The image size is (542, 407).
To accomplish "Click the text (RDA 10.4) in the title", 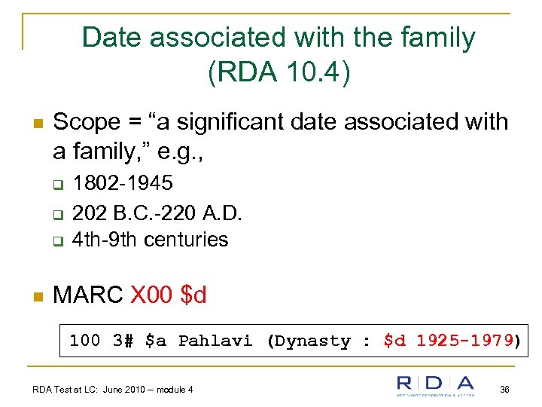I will tap(279, 72).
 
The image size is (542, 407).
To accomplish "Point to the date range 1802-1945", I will tap(123, 183).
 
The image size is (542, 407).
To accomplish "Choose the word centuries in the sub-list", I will tap(186, 240).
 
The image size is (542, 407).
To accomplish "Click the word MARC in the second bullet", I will tap(88, 295).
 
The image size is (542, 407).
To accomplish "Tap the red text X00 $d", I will tap(169, 295).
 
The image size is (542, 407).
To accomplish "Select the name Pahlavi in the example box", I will tap(215, 341).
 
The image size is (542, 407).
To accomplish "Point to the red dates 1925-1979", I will tap(464, 341).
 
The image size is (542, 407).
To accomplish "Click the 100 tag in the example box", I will tap(84, 341).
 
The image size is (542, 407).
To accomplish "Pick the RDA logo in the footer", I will tap(436, 386).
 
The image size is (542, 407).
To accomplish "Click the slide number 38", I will tap(504, 389).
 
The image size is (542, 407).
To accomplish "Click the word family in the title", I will tap(437, 38).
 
